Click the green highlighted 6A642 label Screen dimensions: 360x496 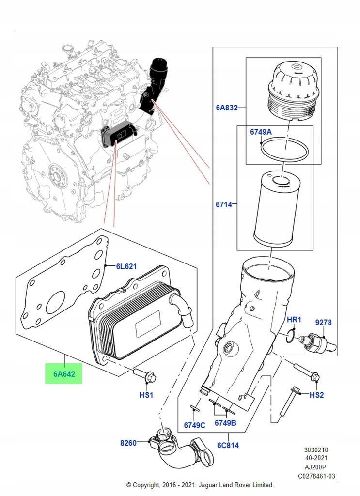(x=63, y=374)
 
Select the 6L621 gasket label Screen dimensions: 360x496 (x=126, y=266)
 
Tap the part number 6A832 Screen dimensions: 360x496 (x=226, y=107)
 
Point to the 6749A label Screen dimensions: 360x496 (x=261, y=132)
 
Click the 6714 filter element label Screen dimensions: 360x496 (x=224, y=204)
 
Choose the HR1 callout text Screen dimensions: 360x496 (x=294, y=320)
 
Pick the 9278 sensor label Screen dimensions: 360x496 (x=323, y=322)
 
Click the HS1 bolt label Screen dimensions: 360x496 (x=146, y=395)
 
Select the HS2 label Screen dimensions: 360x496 (x=316, y=395)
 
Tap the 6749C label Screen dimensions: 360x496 (x=195, y=425)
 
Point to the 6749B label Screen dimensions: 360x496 (x=225, y=422)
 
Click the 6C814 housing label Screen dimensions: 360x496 (x=228, y=445)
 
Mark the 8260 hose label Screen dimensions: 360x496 (x=128, y=443)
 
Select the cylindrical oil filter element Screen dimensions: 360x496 (x=277, y=209)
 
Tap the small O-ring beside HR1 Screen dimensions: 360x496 (x=290, y=336)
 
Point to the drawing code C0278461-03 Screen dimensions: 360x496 (x=316, y=476)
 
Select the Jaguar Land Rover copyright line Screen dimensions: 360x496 (x=200, y=484)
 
